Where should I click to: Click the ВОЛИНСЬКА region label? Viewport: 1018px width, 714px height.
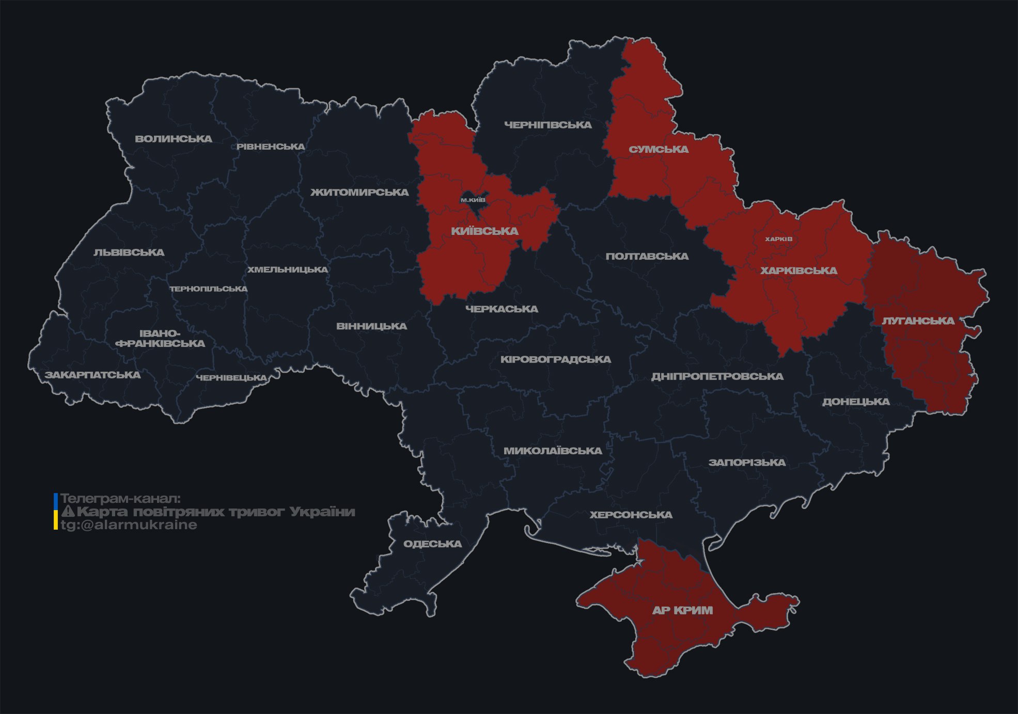[x=174, y=139]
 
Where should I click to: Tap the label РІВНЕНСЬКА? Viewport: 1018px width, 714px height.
[x=271, y=147]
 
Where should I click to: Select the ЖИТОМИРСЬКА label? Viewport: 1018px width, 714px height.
[x=359, y=193]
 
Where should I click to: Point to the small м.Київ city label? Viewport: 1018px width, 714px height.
[x=473, y=200]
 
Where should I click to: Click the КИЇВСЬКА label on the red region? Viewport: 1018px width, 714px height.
[x=484, y=231]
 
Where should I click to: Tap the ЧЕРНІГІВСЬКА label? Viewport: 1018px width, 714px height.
[x=547, y=125]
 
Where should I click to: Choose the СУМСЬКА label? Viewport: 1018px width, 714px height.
[x=659, y=150]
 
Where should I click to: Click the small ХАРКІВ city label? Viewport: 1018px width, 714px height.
[x=778, y=239]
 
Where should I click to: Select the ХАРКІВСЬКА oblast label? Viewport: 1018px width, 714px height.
[x=798, y=271]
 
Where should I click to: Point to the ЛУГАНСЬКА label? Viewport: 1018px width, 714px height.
[x=918, y=321]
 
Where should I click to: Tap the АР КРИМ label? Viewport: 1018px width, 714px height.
[x=682, y=610]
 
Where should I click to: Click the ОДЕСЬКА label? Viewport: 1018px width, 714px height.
[x=432, y=544]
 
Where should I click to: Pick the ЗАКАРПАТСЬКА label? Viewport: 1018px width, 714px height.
[x=92, y=375]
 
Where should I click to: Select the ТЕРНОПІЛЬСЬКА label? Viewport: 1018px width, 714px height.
[x=209, y=289]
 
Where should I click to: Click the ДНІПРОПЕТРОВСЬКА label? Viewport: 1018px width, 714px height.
[x=717, y=376]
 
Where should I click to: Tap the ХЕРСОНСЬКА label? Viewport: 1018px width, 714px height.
[x=631, y=515]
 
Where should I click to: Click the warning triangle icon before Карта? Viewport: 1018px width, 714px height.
[x=68, y=512]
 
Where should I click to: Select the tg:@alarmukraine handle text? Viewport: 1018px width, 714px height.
[x=129, y=525]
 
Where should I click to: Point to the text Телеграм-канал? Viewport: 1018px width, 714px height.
[x=120, y=499]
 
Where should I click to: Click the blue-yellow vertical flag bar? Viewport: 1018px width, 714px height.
[x=56, y=512]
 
